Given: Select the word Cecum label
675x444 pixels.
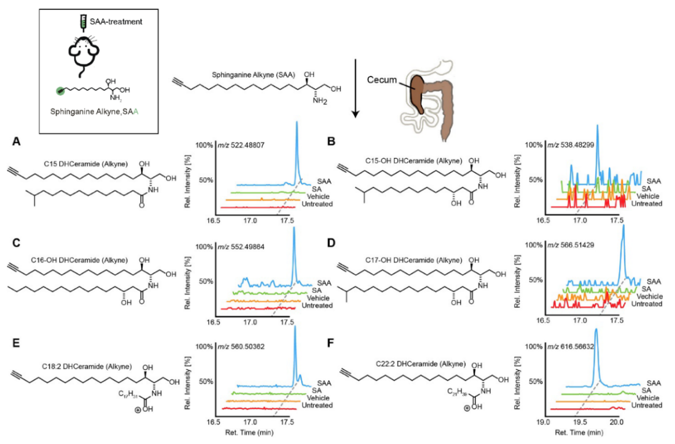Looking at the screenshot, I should tap(382, 80).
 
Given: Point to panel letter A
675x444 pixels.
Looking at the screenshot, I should tap(16, 141).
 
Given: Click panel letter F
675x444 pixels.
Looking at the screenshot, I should tap(331, 343).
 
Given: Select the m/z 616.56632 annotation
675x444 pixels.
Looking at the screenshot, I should tap(570, 347).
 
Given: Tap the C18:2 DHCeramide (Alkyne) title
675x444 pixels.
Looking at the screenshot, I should tap(87, 367).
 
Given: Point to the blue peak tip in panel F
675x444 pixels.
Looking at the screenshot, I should tap(596, 330).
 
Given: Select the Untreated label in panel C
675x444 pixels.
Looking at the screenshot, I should tap(317, 306).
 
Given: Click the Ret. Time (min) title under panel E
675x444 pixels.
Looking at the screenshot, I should tap(249, 433).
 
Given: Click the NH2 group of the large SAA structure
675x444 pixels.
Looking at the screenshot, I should tap(320, 101).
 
